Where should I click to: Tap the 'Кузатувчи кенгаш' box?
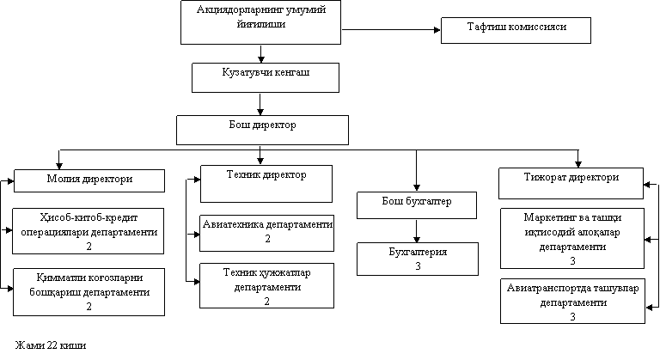point(266,76)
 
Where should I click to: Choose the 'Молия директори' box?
point(89,180)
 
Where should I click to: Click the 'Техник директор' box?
point(266,182)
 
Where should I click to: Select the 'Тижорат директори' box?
point(571,182)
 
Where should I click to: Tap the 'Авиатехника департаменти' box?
point(267,231)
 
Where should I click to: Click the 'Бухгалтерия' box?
point(418,258)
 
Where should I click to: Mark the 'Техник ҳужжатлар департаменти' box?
point(266,285)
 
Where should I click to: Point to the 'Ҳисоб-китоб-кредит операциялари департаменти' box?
point(89,230)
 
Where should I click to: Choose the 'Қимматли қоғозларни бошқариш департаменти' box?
point(89,291)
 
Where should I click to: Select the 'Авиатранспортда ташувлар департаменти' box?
point(572,300)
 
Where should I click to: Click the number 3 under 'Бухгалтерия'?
point(418,266)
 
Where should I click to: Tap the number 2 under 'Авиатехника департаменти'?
point(267,239)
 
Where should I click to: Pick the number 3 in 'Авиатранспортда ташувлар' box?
point(572,316)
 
